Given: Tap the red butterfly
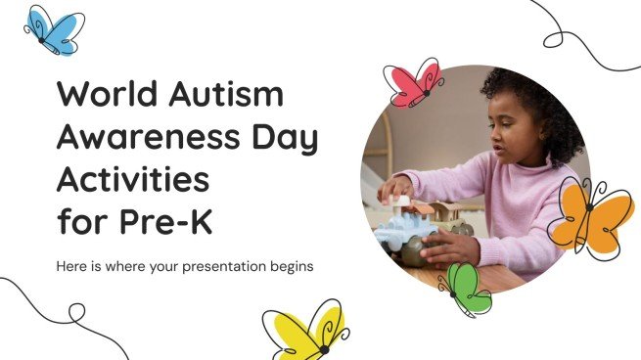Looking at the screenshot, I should point(414,83).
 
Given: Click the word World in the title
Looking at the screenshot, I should point(106,97).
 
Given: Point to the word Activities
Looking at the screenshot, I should point(131,182).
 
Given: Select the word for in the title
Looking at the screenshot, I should point(78,224).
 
